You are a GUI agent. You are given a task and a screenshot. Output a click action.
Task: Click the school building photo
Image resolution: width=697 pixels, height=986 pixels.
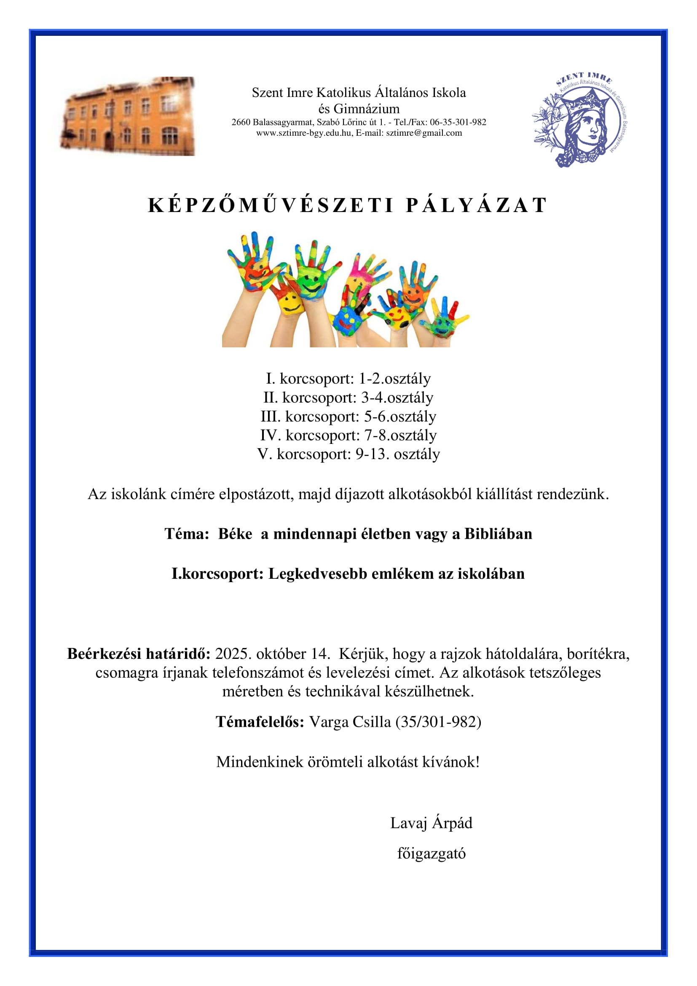pos(127,116)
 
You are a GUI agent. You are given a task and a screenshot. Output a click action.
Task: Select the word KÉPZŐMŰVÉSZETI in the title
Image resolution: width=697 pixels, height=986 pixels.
pos(271,205)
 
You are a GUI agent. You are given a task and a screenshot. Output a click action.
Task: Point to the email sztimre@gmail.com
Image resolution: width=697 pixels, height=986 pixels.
pos(424,133)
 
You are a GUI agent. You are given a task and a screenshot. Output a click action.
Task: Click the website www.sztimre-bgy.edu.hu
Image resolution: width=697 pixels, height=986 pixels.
pos(304,133)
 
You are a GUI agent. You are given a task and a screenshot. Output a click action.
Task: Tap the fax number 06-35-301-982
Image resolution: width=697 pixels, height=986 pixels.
pos(458,122)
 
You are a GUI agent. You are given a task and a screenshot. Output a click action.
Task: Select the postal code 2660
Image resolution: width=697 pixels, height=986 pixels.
pos(241,122)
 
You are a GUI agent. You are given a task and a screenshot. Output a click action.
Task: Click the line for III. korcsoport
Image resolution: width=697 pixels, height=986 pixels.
pos(348,416)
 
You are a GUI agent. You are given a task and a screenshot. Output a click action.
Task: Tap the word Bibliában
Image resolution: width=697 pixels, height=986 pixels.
pos(498,534)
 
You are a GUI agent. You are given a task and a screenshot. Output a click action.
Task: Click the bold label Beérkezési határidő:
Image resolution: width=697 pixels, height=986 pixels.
pos(139,654)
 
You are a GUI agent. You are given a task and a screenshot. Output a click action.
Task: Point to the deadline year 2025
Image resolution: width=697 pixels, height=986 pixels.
pos(233,654)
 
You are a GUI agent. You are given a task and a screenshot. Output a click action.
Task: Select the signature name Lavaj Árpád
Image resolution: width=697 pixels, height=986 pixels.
pos(431,823)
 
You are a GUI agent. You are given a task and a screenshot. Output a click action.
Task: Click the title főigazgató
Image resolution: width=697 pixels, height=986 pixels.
pos(431,853)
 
